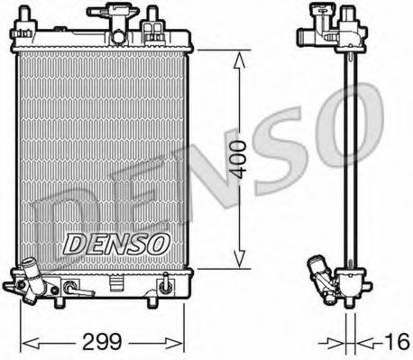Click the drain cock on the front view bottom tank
coord(76,291)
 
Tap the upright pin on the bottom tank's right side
coord(165,287)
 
